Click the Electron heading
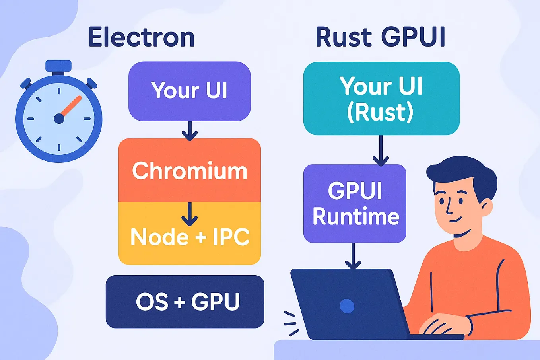pyautogui.click(x=142, y=37)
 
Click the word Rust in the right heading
pyautogui.click(x=343, y=37)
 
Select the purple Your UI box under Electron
pyautogui.click(x=189, y=91)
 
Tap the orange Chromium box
pyautogui.click(x=189, y=171)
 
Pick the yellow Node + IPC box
pyautogui.click(x=189, y=237)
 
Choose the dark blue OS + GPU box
pyautogui.click(x=185, y=302)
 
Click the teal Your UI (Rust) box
pyautogui.click(x=381, y=98)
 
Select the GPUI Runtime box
pyautogui.click(x=355, y=203)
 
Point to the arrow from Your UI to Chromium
pyautogui.click(x=190, y=131)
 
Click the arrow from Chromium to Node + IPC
pyautogui.click(x=190, y=215)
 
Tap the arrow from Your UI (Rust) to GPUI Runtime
pyautogui.click(x=381, y=151)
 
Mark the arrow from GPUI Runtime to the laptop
pyautogui.click(x=353, y=257)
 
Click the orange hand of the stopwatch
pyautogui.click(x=71, y=107)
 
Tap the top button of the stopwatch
pyautogui.click(x=58, y=66)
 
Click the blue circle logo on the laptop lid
pyautogui.click(x=347, y=306)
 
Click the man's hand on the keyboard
pyautogui.click(x=441, y=324)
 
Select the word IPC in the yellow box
pyautogui.click(x=231, y=237)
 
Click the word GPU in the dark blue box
pyautogui.click(x=216, y=302)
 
